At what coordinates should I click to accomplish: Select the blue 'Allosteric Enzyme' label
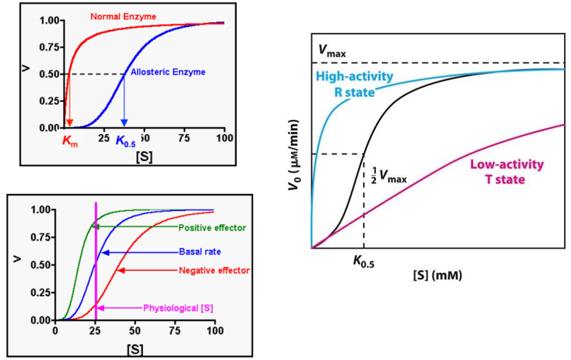168,72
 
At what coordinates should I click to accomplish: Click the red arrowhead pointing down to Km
69,123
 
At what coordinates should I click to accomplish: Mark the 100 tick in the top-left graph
224,138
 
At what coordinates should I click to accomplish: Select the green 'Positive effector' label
212,228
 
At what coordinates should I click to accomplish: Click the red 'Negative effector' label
214,270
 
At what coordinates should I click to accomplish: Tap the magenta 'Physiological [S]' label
178,308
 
